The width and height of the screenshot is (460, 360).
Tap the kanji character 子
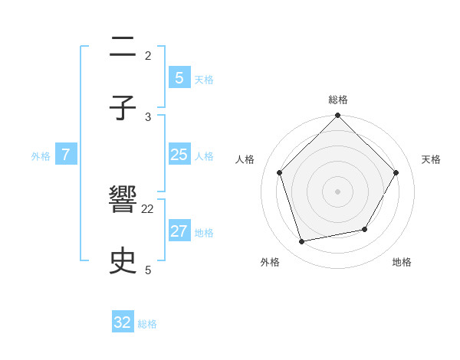123,108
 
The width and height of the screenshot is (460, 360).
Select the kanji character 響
123,201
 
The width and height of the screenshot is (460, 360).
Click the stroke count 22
148,209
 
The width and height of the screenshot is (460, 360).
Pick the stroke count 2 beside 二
148,55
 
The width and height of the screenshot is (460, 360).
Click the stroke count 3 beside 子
148,116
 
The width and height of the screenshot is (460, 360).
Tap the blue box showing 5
179,77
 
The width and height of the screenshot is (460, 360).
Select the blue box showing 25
179,155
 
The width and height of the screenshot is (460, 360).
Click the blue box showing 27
179,231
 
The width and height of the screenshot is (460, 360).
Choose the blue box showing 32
123,322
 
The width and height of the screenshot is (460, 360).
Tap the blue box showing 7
66,155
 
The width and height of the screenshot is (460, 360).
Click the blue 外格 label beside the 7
41,156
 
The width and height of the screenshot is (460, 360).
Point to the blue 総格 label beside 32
147,324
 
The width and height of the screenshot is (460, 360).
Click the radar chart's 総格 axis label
338,100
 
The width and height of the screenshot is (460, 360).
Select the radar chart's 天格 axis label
432,159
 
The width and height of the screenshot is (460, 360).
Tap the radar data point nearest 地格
365,229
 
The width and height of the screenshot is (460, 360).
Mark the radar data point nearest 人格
280,172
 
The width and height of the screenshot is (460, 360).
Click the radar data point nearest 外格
302,242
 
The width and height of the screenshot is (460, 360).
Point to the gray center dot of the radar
338,191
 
